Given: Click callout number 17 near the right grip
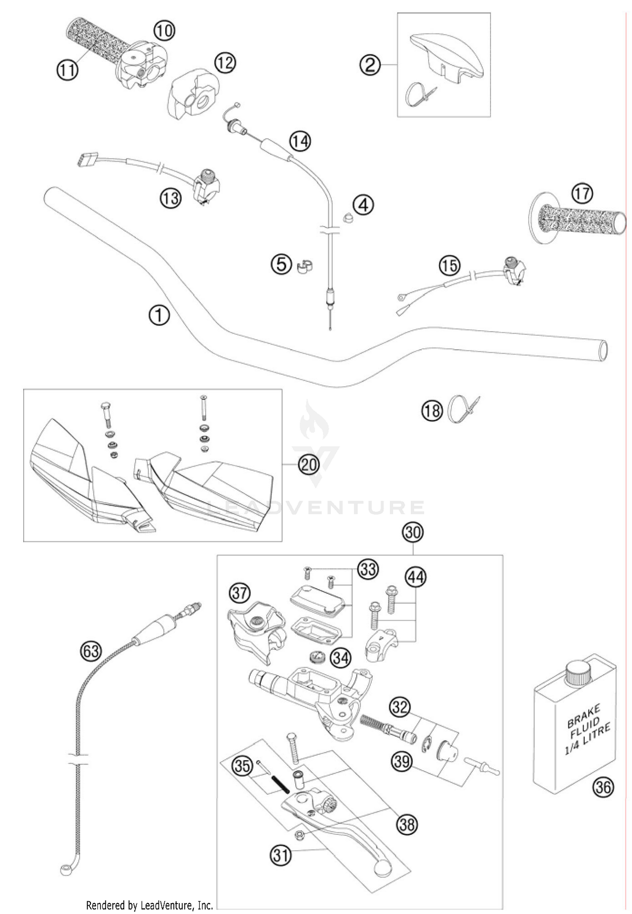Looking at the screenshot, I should [x=582, y=193].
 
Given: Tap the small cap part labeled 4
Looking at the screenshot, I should [x=348, y=219].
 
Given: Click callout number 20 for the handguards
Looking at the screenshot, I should [x=308, y=465].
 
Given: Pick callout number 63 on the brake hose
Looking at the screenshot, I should [x=91, y=651].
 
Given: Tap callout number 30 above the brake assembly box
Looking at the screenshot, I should [x=413, y=532].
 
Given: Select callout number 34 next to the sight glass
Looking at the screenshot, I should [x=340, y=657].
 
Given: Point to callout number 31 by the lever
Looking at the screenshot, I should [x=281, y=855].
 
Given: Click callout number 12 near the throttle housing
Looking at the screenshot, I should [x=225, y=63].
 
